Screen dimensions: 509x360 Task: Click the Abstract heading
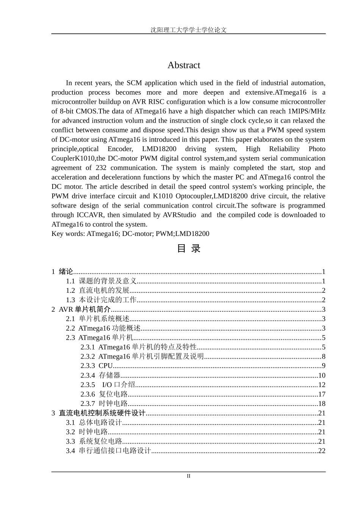click(x=184, y=65)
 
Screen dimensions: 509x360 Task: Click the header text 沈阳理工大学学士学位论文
click(x=188, y=30)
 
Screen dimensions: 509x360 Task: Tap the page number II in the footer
click(x=188, y=476)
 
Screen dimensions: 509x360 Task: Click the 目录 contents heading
click(x=188, y=249)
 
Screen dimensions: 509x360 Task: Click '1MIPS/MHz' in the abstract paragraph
click(x=307, y=111)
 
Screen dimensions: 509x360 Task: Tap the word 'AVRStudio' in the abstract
click(x=179, y=215)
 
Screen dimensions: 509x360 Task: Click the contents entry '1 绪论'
click(x=63, y=272)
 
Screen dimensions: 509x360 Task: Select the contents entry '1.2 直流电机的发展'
click(x=98, y=290)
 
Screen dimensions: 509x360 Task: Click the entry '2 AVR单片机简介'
click(x=81, y=309)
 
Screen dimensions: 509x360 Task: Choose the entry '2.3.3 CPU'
click(x=97, y=366)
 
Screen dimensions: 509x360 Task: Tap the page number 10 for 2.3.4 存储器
click(x=321, y=375)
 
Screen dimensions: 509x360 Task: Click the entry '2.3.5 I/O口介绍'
click(x=108, y=385)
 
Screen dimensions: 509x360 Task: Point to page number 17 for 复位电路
click(x=321, y=394)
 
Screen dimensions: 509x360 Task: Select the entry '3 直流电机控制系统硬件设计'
click(x=99, y=413)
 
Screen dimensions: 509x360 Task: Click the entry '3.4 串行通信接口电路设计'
click(x=109, y=451)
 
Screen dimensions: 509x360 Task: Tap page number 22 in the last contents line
click(x=321, y=451)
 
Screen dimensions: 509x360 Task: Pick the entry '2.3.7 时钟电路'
click(x=104, y=404)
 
